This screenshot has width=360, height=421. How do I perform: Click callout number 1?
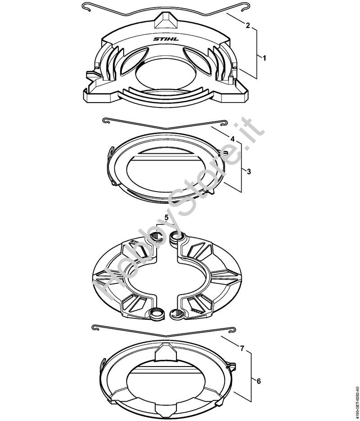(264, 58)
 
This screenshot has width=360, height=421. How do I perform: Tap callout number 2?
(247, 25)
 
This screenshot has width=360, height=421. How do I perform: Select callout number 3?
(248, 171)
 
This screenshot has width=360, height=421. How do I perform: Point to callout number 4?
(233, 139)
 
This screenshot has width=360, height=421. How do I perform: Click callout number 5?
(166, 218)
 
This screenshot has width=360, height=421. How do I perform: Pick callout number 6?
(258, 381)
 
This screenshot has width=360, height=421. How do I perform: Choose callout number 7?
(242, 349)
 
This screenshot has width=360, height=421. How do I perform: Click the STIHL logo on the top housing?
(166, 39)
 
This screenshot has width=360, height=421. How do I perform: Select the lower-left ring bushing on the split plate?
(156, 314)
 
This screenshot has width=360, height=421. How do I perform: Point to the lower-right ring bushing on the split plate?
(177, 314)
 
